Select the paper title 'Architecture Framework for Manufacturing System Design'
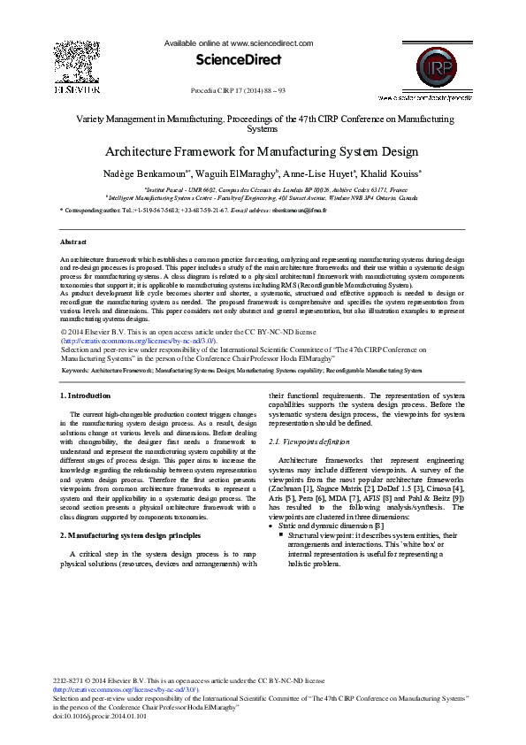pos(263,151)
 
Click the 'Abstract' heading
pos(72,242)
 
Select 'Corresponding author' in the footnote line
pos(94,211)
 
